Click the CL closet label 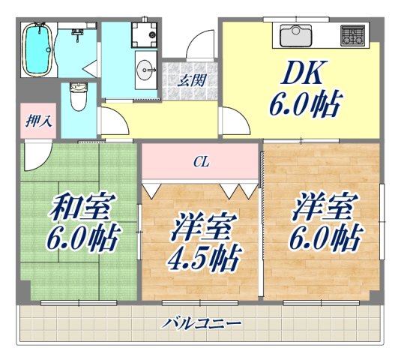(x=200, y=160)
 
